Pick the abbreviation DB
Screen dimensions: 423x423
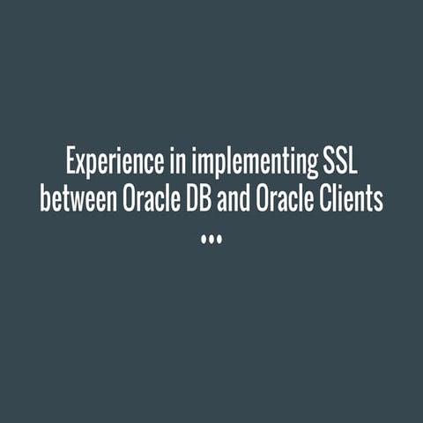click(x=197, y=198)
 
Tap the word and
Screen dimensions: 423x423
click(x=233, y=198)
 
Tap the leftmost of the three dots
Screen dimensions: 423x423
click(x=203, y=238)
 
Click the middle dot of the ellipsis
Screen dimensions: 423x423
click(x=211, y=238)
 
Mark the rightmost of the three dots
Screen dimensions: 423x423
click(x=220, y=238)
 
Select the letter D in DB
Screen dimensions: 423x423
click(x=189, y=198)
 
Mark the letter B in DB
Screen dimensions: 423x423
click(x=204, y=198)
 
